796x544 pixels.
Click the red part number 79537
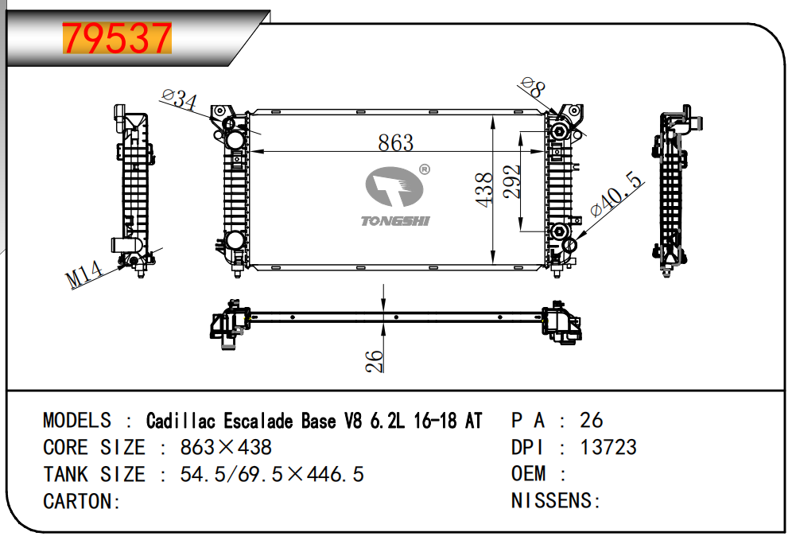117,37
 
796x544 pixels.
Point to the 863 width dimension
395,142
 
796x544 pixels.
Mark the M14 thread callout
85,274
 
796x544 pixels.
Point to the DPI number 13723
608,447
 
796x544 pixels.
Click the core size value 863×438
226,447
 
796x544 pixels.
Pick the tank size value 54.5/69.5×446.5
272,474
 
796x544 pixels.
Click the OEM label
528,474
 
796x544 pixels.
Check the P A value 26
592,420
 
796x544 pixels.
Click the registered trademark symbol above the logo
424,169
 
